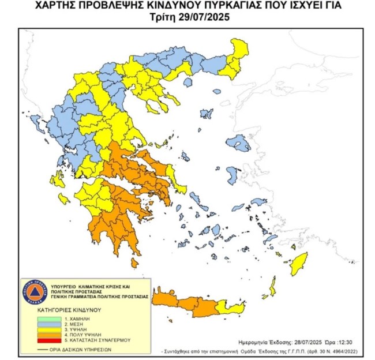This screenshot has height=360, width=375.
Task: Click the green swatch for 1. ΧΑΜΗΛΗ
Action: coord(47,318)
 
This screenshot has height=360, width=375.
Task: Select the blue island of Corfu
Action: coord(36,122)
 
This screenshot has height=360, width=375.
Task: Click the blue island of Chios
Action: coord(232,175)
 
